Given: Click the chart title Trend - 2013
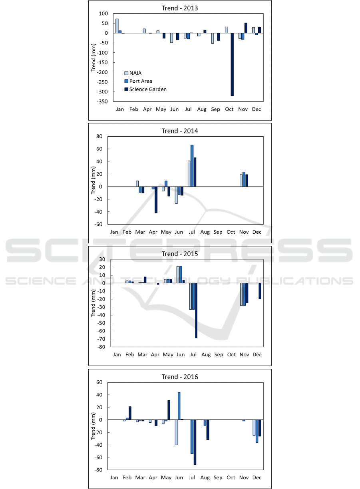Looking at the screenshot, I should [x=179, y=8].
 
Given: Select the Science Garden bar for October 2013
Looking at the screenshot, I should [x=232, y=64].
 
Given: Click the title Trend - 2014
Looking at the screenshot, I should [x=179, y=131].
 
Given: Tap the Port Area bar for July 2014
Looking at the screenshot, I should [x=192, y=166].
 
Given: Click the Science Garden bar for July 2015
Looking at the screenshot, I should [x=196, y=310].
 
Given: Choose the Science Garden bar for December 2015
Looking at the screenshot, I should [x=259, y=291].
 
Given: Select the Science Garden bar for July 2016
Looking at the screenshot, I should [x=195, y=442].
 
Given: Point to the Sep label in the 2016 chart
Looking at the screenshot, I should [x=218, y=478].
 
